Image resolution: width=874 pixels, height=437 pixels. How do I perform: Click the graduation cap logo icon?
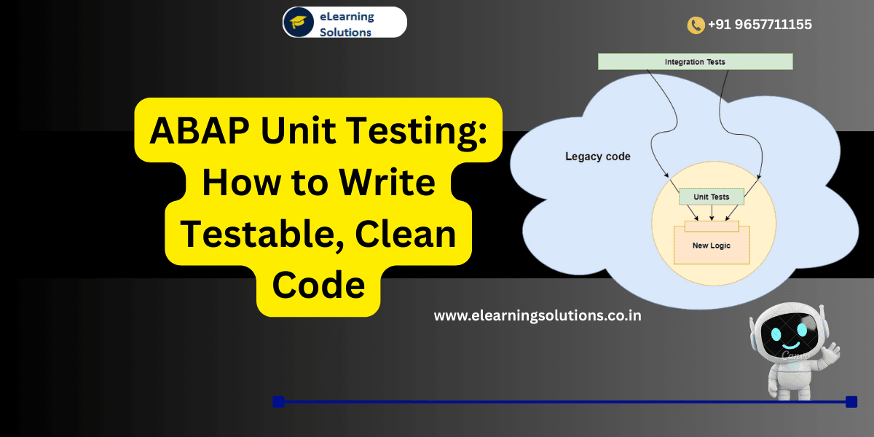[x=299, y=22]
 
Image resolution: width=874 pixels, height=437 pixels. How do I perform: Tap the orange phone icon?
[x=696, y=25]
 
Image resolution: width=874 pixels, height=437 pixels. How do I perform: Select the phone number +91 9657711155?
[x=760, y=25]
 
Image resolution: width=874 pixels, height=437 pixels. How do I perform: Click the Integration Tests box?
[x=695, y=62]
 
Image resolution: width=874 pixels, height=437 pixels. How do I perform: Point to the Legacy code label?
[x=598, y=157]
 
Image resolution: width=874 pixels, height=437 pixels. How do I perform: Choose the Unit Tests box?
[x=711, y=197]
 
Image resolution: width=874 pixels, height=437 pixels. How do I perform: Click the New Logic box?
[x=712, y=245]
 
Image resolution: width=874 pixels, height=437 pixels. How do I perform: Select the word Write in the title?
[x=393, y=182]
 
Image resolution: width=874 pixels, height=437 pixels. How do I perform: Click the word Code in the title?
[x=318, y=286]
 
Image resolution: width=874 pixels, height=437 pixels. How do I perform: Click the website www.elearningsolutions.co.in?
[x=538, y=316]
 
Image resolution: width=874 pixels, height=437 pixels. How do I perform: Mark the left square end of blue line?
[x=277, y=401]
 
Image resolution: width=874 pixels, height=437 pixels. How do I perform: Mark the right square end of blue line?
[x=851, y=401]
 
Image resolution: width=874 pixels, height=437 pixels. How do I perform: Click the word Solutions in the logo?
[x=346, y=32]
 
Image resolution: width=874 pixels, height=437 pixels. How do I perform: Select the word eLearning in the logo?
[x=347, y=16]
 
